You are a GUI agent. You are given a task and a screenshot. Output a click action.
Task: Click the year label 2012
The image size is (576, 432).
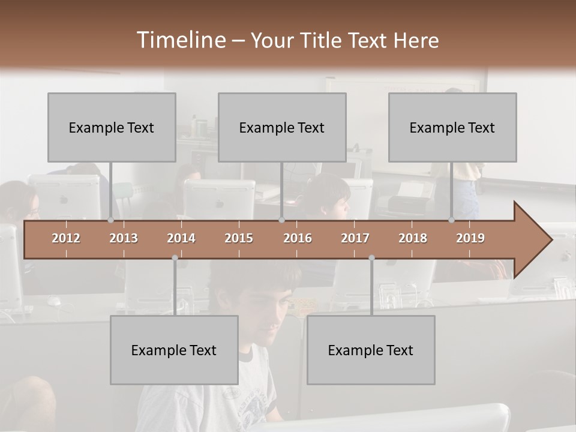(x=66, y=238)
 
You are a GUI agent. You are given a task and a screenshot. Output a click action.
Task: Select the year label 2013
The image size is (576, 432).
(x=124, y=238)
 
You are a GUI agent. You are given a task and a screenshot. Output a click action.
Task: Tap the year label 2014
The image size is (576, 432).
(x=181, y=238)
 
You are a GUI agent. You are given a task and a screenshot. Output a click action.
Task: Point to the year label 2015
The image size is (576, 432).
(x=239, y=238)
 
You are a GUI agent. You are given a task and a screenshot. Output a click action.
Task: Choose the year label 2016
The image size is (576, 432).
(x=298, y=238)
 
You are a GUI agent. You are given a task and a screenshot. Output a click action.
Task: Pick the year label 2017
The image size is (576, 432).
(x=355, y=238)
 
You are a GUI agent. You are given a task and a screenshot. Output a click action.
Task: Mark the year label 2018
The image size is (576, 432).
(x=413, y=238)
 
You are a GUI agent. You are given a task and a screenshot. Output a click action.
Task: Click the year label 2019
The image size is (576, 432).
(x=470, y=238)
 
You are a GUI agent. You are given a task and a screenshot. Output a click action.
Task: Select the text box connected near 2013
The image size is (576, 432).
(x=112, y=127)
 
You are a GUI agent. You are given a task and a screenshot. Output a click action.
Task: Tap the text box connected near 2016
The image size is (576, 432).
(x=282, y=127)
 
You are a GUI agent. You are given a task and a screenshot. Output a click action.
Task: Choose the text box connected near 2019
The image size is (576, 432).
(x=452, y=127)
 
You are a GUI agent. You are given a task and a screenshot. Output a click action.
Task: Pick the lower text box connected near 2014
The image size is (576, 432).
(x=174, y=350)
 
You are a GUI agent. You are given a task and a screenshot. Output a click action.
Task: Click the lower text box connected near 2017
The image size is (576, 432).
(x=371, y=350)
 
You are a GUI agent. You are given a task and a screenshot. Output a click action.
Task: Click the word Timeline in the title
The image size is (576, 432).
(x=181, y=40)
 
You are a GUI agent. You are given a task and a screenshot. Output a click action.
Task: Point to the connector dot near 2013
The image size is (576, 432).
(x=111, y=220)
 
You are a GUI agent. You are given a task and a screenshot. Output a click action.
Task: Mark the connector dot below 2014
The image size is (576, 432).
(x=175, y=258)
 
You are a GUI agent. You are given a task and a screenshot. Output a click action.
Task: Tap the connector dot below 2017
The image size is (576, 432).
(x=371, y=258)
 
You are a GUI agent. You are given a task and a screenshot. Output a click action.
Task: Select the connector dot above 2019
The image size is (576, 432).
(x=452, y=220)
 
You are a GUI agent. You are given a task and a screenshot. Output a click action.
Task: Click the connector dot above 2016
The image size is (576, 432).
(x=281, y=220)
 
